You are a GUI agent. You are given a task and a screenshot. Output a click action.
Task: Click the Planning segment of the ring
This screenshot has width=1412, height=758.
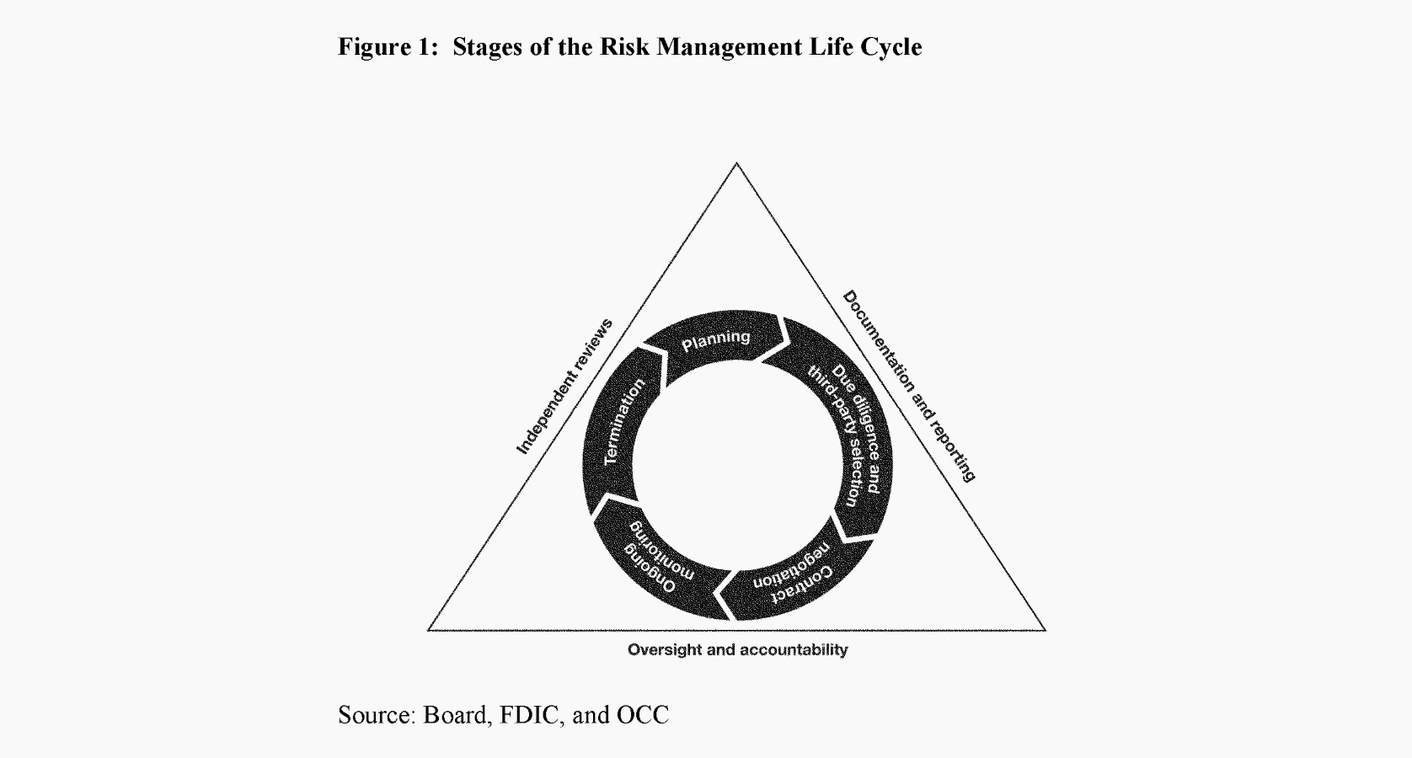pos(717,341)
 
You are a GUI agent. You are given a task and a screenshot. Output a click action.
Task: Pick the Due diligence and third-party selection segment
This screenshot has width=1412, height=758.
pos(847,435)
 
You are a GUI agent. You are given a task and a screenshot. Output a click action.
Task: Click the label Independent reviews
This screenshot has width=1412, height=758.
pos(564,387)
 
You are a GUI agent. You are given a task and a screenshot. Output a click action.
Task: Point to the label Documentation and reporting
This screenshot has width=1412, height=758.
pos(910,387)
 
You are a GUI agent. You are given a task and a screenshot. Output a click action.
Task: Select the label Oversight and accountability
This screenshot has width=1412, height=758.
pos(737,649)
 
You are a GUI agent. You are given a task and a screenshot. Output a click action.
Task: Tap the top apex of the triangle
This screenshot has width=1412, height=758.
pos(736,163)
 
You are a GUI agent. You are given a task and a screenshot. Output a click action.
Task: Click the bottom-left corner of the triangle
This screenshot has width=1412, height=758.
pos(429,629)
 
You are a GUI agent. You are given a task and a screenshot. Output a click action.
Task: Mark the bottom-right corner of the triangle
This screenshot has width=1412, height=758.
pos(1046,629)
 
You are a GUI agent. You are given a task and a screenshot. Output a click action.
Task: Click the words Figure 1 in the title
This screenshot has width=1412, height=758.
pos(388,47)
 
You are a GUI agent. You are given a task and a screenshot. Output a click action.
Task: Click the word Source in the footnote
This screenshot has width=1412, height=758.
pos(377,715)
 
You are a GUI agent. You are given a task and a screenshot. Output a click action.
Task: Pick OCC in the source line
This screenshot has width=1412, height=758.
pos(642,715)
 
